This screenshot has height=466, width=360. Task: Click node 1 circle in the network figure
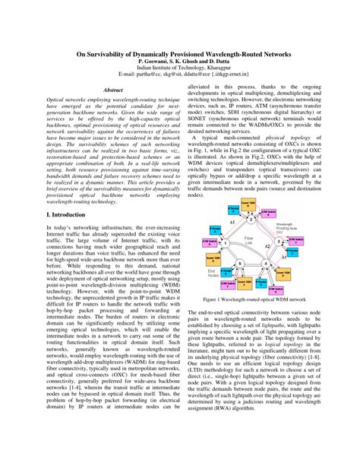point(225,243)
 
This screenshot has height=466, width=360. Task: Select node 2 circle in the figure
point(251,220)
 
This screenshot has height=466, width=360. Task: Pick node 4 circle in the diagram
point(265,264)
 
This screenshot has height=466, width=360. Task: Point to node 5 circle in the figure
point(239,264)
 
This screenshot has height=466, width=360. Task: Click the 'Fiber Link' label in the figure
point(248,240)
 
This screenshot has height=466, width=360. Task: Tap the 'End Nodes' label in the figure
point(213,274)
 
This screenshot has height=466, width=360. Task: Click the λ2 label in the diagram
point(267,246)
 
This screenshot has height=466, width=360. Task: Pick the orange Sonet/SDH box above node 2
point(248,204)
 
